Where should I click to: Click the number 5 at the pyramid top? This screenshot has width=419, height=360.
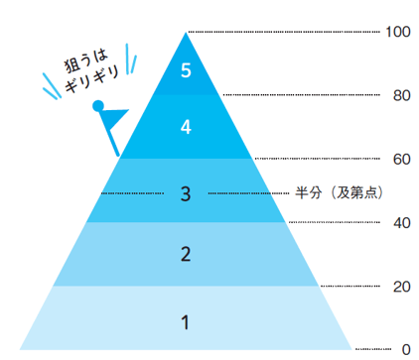point(185,70)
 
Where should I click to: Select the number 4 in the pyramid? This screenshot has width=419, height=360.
point(185,127)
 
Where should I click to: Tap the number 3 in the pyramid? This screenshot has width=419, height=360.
point(185,192)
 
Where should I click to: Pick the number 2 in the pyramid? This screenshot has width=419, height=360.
point(185,255)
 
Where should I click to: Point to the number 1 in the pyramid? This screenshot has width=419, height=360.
point(185,321)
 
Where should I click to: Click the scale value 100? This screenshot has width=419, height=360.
point(397,32)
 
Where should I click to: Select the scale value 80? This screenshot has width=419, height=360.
point(400,95)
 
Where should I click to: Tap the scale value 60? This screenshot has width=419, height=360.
point(400,159)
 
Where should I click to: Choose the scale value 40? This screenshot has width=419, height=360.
point(400,222)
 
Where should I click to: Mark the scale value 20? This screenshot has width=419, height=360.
point(400,287)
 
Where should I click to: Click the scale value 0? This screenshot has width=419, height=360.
point(404,349)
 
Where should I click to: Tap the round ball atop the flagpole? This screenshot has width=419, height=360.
point(97,105)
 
